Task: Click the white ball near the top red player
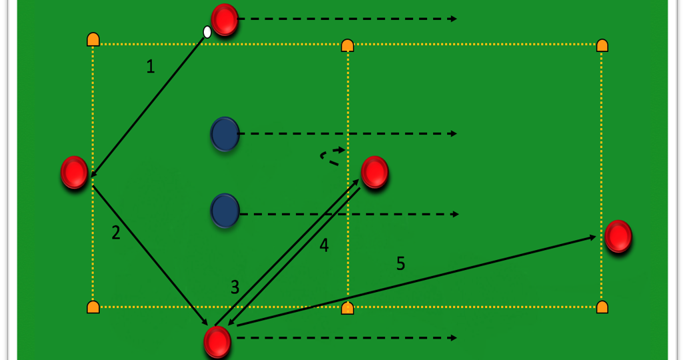click(x=207, y=32)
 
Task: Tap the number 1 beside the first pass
click(x=151, y=67)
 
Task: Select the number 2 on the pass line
click(x=116, y=233)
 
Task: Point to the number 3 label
click(x=235, y=287)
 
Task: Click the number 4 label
click(x=324, y=245)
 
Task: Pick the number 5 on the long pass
click(x=400, y=263)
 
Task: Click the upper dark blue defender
click(x=225, y=134)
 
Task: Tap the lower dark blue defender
click(x=225, y=211)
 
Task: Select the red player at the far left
click(x=75, y=173)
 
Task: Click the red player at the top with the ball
click(x=225, y=19)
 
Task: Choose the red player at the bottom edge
click(x=217, y=342)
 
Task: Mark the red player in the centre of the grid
click(x=375, y=172)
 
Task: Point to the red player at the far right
click(x=618, y=237)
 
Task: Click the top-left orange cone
click(x=93, y=39)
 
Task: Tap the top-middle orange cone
click(x=347, y=45)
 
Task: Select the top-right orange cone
click(x=602, y=45)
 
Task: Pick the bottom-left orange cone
click(x=93, y=307)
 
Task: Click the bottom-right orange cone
click(x=602, y=307)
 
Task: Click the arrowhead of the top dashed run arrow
click(x=454, y=19)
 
